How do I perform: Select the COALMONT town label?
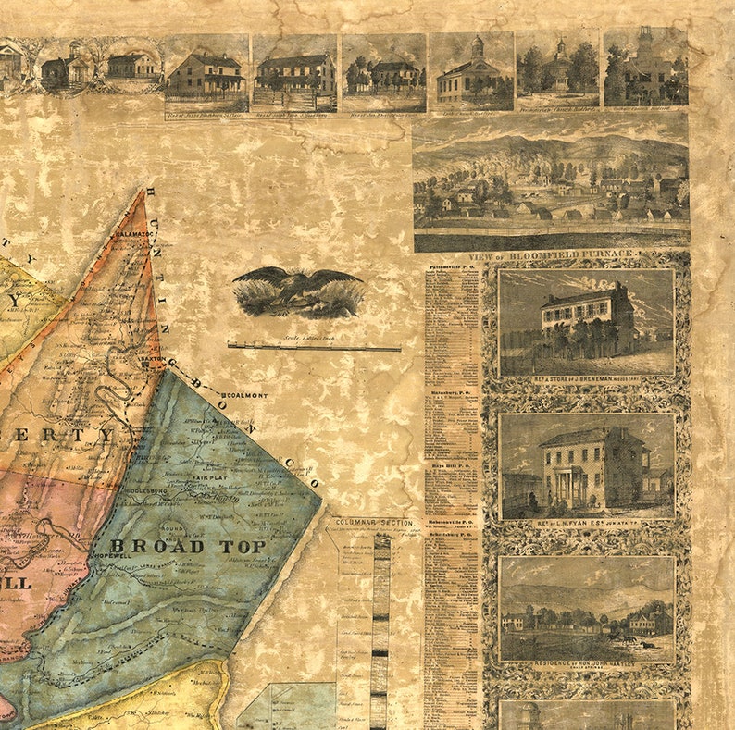(247, 395)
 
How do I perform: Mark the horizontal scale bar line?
(314, 348)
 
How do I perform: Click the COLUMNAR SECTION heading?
(376, 524)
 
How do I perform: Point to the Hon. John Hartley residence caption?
(587, 664)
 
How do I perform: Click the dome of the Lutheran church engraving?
(476, 45)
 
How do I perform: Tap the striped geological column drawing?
(379, 629)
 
